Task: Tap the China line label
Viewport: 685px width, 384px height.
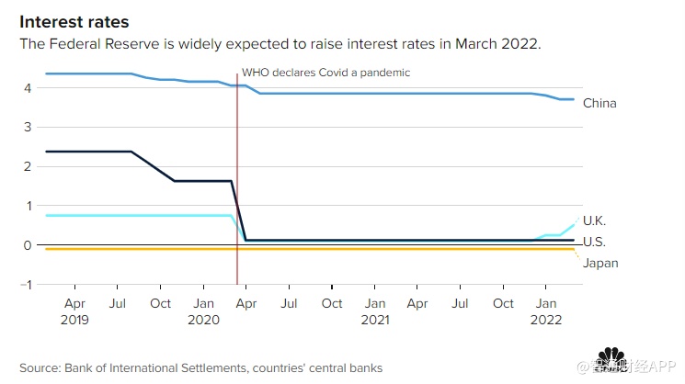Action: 599,104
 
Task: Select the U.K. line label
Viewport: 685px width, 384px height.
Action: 594,220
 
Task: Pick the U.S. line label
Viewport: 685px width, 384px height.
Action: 594,243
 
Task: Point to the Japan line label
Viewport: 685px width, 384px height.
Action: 599,264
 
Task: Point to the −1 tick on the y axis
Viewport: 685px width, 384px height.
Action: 27,285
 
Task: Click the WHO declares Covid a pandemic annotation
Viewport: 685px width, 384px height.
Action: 325,72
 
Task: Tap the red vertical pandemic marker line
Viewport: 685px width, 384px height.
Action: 237,184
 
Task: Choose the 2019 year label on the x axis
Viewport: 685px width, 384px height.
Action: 76,322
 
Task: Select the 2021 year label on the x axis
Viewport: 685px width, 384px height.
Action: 374,322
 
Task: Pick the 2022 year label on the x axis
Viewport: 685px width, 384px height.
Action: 546,322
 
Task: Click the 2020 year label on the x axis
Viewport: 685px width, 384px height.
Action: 204,322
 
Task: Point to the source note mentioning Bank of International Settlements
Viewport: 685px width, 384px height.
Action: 200,368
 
